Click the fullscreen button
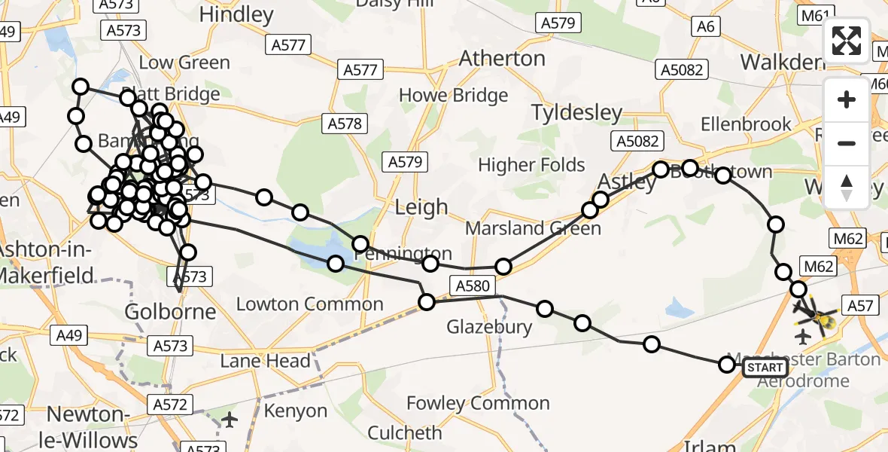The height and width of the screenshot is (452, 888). click(847, 41)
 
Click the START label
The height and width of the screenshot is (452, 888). click(765, 368)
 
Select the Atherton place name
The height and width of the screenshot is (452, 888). click(502, 58)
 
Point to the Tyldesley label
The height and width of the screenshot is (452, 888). click(576, 113)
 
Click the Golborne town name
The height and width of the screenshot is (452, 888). click(169, 311)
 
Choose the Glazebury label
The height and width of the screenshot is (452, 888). click(489, 327)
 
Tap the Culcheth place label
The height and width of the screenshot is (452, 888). click(404, 433)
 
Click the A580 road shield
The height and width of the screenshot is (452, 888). click(472, 285)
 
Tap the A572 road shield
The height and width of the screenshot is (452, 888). click(169, 405)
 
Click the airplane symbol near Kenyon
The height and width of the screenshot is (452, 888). click(230, 420)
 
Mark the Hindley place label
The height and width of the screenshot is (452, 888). click(236, 14)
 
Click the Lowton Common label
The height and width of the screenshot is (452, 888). click(309, 304)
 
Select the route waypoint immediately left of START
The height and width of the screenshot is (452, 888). click(726, 365)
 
